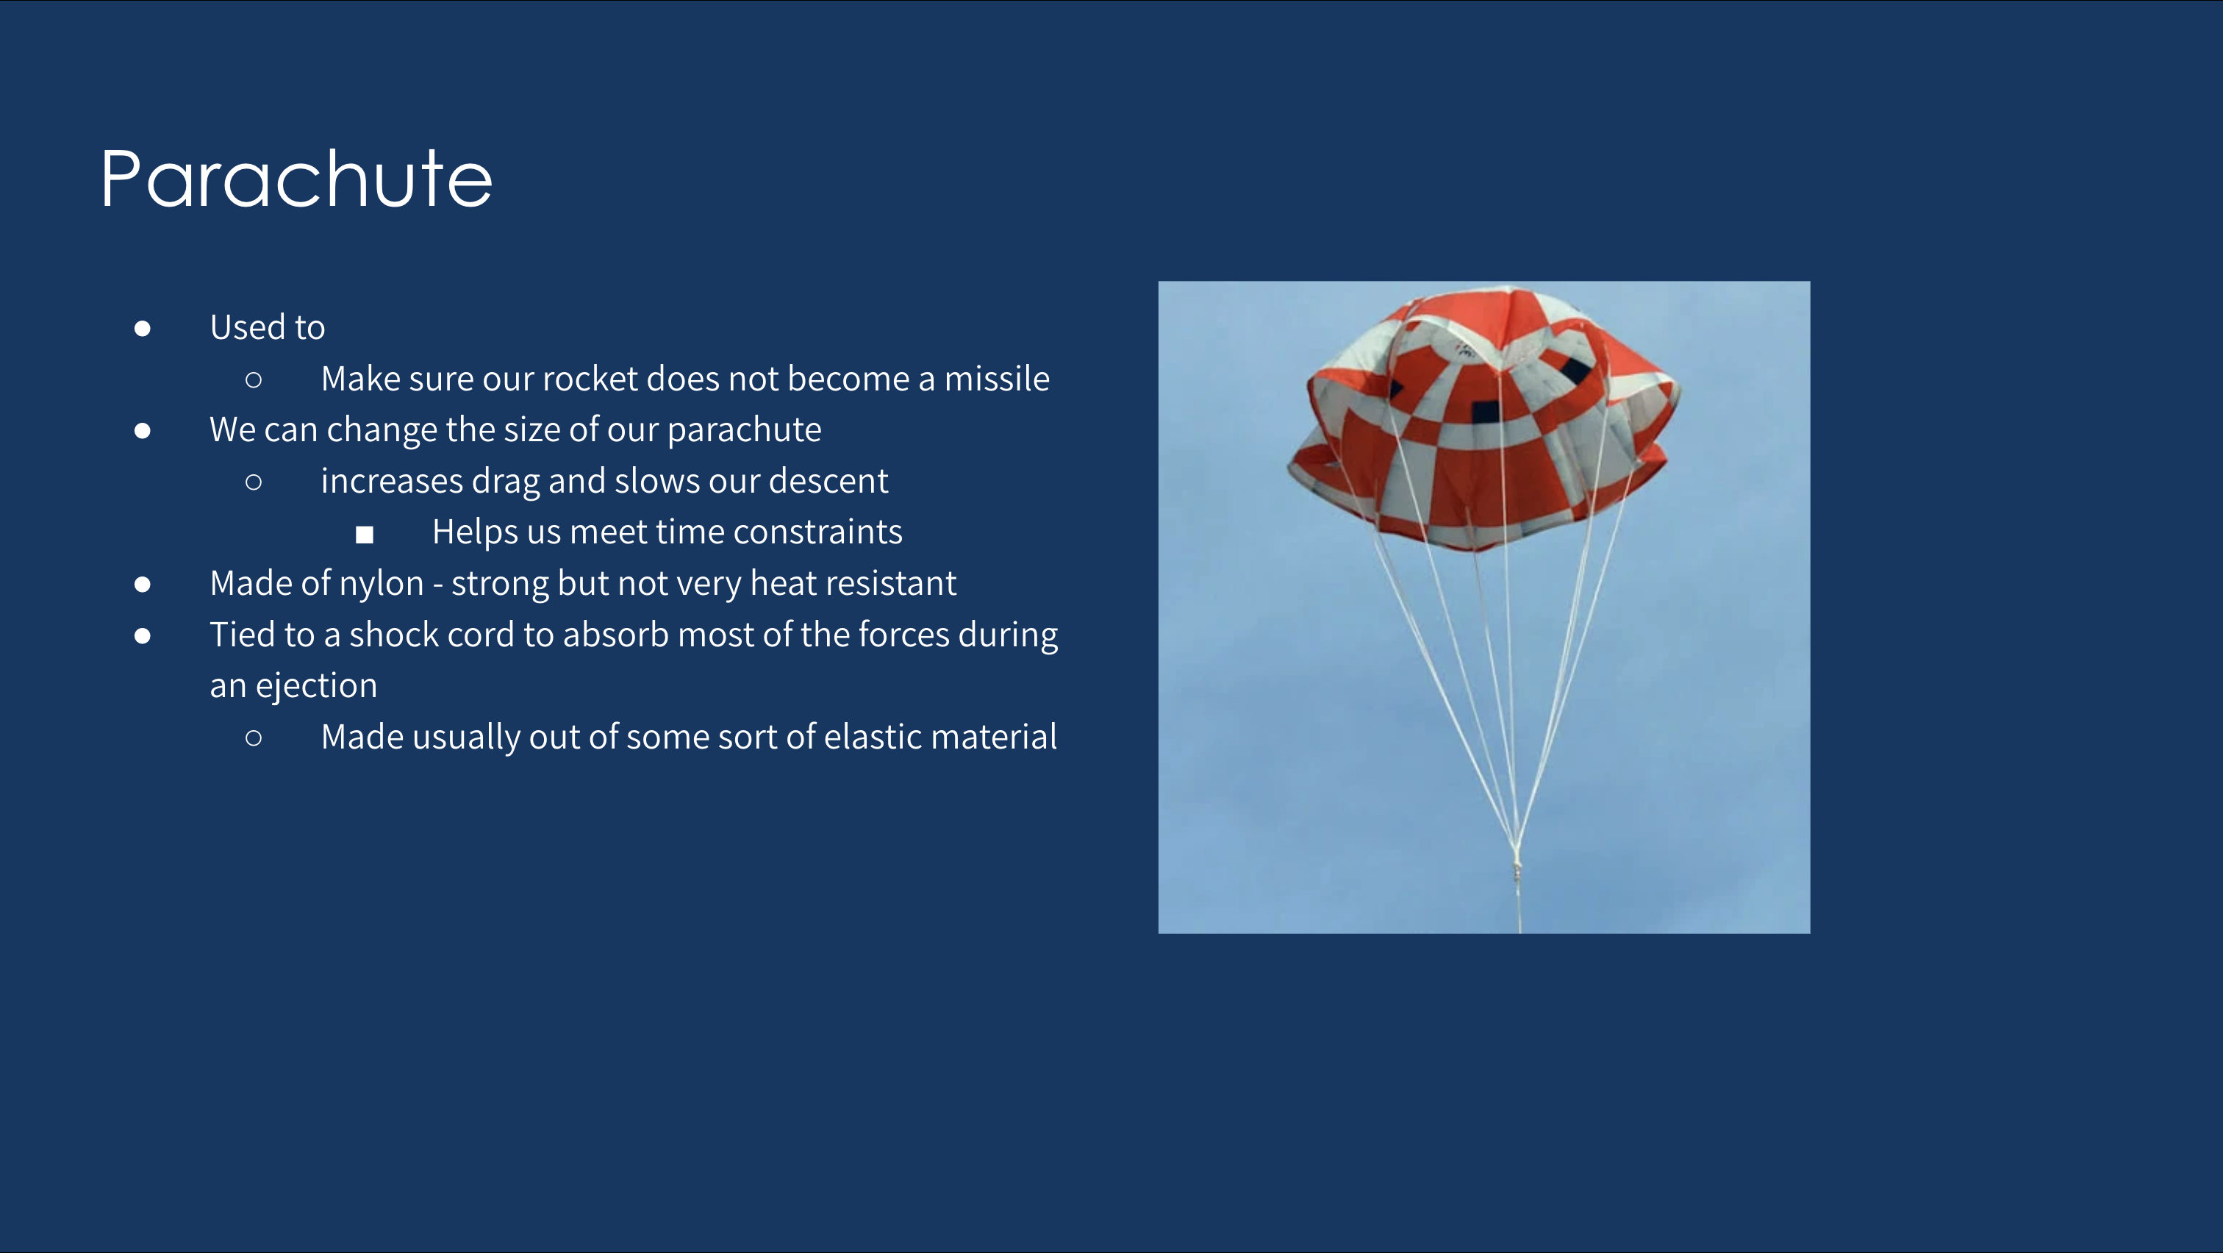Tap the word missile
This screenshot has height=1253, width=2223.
997,379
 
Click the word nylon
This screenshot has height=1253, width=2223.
382,584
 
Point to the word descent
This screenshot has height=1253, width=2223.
828,482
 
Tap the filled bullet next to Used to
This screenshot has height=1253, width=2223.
143,328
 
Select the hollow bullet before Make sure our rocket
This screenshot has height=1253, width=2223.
254,379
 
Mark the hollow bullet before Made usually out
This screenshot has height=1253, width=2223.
254,738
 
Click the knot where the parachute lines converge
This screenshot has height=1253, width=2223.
1517,857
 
